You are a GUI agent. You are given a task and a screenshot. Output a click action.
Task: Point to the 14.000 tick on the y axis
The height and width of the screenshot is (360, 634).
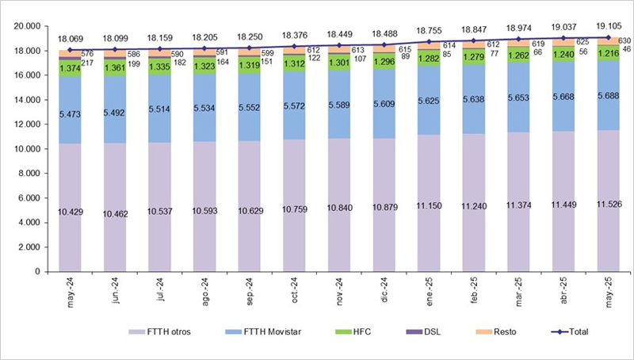[27, 100]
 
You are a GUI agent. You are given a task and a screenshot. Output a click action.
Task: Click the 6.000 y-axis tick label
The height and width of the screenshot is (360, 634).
[30, 198]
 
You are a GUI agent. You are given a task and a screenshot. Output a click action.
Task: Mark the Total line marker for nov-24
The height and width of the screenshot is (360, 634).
[340, 45]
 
